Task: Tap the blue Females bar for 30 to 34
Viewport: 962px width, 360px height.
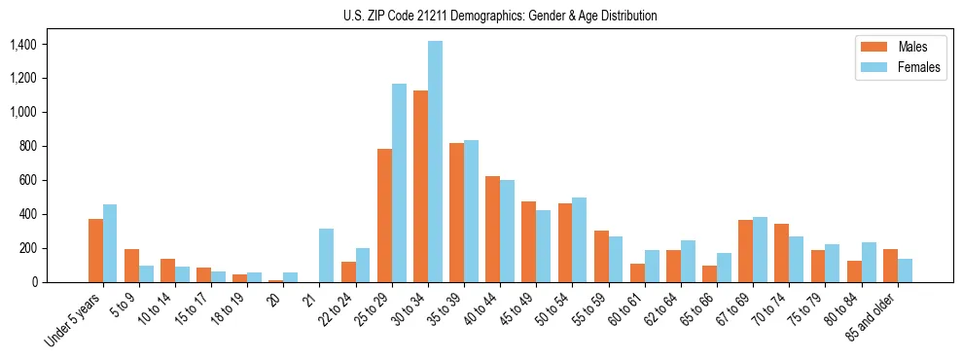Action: click(x=435, y=162)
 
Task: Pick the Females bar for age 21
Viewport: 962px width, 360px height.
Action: click(x=327, y=256)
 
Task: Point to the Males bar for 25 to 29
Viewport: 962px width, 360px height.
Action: click(x=384, y=215)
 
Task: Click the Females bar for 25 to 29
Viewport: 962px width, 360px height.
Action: click(x=399, y=183)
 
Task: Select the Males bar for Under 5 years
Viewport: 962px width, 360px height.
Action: click(x=95, y=250)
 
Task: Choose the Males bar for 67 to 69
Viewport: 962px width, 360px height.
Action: click(x=746, y=251)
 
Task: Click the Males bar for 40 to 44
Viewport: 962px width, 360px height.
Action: click(x=492, y=230)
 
